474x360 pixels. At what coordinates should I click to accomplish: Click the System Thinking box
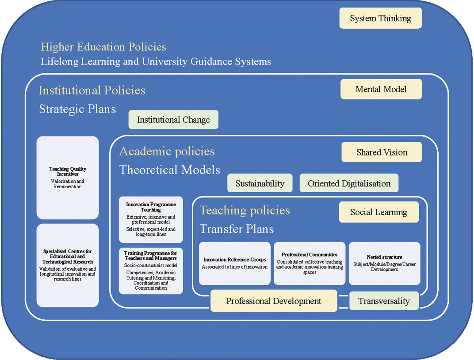(x=380, y=19)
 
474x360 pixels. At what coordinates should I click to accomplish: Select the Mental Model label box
(x=381, y=90)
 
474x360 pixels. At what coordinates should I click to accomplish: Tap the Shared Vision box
(x=382, y=152)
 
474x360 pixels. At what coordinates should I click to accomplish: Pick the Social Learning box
(x=378, y=212)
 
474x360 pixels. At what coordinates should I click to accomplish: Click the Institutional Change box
(x=173, y=120)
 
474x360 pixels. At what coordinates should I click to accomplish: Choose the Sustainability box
(x=260, y=183)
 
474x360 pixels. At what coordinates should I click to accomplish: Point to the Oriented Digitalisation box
(x=349, y=183)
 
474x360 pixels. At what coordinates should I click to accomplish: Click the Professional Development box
(x=274, y=301)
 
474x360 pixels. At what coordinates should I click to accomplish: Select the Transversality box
(x=384, y=301)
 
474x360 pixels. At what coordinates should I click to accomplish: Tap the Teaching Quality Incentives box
(x=68, y=178)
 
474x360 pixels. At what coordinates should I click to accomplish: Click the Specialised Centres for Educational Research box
(x=68, y=265)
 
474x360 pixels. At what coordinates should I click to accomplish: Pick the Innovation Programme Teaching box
(x=151, y=220)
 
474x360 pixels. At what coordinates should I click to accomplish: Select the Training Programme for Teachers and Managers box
(x=151, y=271)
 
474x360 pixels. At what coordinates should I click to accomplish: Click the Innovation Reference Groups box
(x=235, y=263)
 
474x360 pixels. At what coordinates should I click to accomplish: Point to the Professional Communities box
(x=310, y=263)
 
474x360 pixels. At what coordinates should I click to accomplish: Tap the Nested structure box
(x=384, y=263)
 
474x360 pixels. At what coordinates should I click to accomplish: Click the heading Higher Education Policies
(x=103, y=47)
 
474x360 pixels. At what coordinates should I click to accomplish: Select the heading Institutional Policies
(x=92, y=91)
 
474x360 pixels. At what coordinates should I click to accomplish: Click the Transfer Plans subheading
(x=237, y=229)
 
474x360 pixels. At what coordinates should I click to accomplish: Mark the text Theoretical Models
(x=170, y=170)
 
